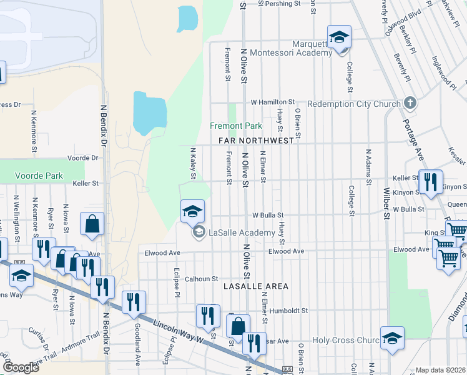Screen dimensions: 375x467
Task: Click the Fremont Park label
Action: [x=235, y=126]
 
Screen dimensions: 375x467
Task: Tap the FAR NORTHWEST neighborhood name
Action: [x=256, y=141]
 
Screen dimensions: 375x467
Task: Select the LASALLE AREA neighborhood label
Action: [x=256, y=286]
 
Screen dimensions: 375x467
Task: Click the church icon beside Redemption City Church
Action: [x=410, y=102]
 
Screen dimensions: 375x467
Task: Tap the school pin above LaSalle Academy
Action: [x=192, y=211]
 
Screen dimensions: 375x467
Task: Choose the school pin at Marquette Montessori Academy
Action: [x=339, y=37]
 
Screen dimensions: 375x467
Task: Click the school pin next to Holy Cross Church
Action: [x=391, y=338]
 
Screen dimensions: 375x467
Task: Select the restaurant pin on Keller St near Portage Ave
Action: [x=430, y=181]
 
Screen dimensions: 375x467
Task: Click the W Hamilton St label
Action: [x=272, y=102]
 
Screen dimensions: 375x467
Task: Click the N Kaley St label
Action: [x=193, y=162]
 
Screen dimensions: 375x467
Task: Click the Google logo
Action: [x=21, y=367]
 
